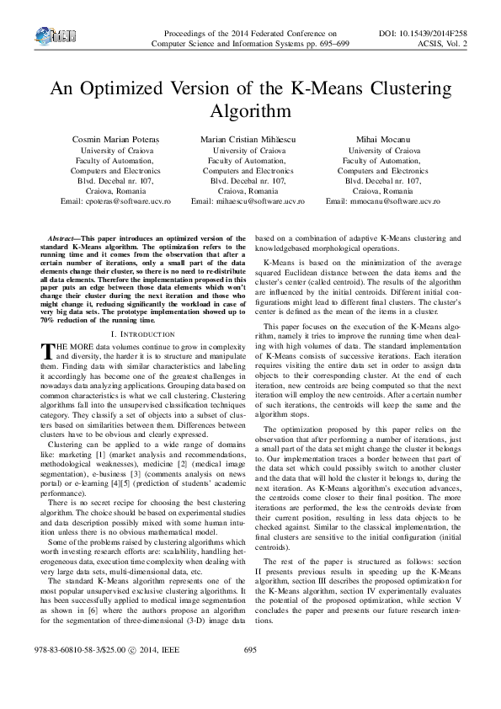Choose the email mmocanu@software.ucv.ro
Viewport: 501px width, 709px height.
(x=394, y=202)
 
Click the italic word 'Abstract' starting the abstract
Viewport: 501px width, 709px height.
(x=66, y=239)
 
